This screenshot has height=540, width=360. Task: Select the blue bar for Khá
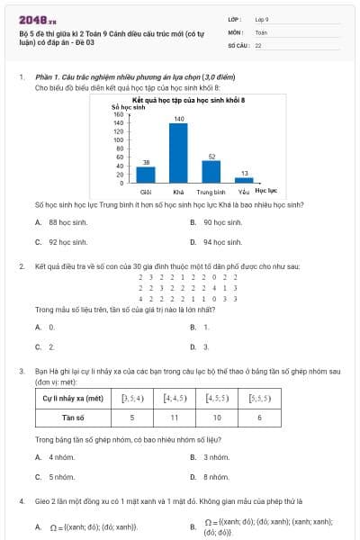tap(178, 153)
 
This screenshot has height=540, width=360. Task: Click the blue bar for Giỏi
tap(146, 175)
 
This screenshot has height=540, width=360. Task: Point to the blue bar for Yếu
tap(244, 180)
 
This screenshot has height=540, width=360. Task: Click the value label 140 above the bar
tap(178, 119)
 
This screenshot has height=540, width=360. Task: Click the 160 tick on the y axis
tap(118, 114)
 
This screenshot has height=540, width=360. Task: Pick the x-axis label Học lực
tap(265, 191)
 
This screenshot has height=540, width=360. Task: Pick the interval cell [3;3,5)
tap(132, 396)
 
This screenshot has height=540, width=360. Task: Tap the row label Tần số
tap(73, 418)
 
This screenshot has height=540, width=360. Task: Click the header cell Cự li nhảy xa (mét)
tap(73, 396)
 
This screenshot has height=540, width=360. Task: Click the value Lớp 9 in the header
tap(262, 18)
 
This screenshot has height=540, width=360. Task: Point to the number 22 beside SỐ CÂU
tap(258, 44)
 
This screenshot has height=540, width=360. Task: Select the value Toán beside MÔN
tap(261, 31)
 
